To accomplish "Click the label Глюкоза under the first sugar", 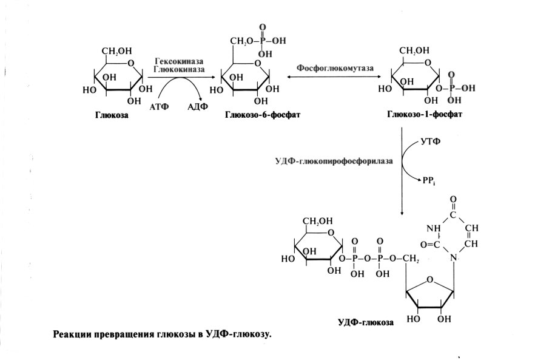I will (112, 115).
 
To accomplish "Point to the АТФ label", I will (159, 106).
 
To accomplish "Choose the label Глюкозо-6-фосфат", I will (262, 115).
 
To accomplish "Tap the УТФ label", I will (429, 141).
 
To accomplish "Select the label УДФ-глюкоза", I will (366, 322).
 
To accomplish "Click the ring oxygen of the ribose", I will (429, 280).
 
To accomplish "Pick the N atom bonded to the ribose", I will (453, 258).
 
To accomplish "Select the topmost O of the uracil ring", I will (453, 199).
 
